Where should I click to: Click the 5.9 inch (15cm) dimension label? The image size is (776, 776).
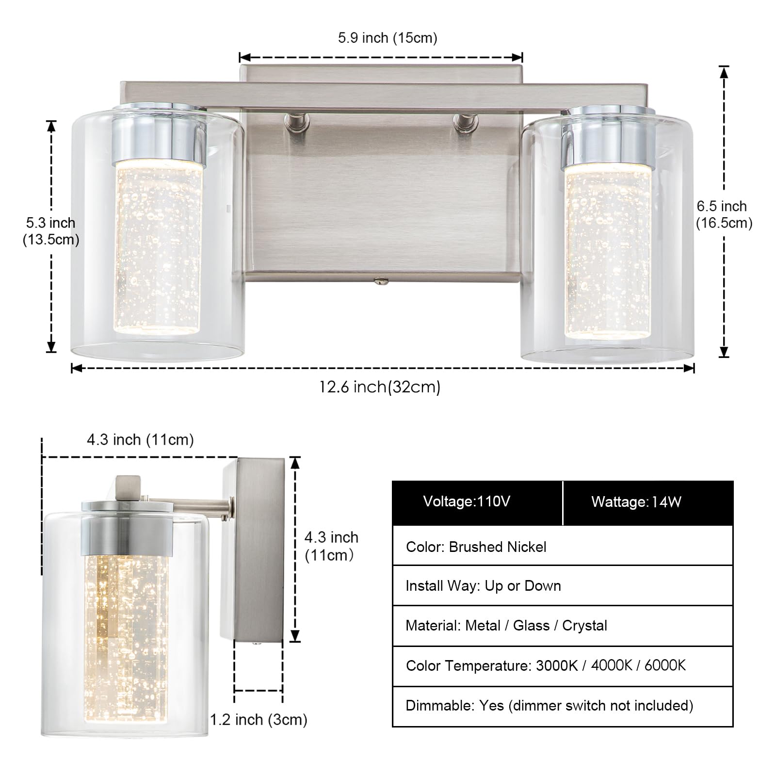coord(388,38)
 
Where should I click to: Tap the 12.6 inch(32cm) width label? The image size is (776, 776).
coord(380,387)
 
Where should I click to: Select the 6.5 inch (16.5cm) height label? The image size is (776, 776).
coord(724,214)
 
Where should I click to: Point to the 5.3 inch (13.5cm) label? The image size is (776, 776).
coord(51,231)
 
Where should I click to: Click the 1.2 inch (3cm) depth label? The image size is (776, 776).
coord(259,720)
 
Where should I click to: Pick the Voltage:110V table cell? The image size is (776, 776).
coord(467,501)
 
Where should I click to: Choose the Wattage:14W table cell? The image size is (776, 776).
coord(636,502)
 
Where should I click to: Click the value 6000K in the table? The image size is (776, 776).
coord(665,665)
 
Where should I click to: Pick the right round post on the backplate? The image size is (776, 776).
coord(466,122)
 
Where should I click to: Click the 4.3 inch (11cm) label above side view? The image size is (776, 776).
coord(140,440)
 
